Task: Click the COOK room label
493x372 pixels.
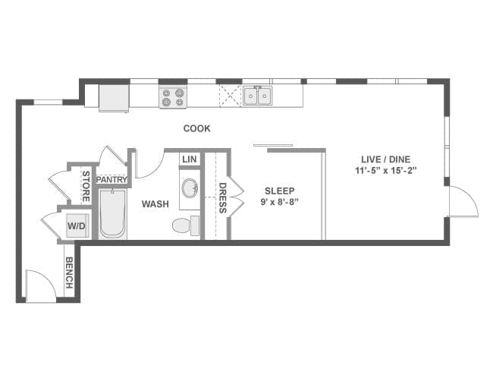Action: tap(197, 128)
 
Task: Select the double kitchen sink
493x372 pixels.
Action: tap(258, 96)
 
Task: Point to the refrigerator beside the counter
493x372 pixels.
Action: tap(114, 98)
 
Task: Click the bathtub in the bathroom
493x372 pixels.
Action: tap(112, 213)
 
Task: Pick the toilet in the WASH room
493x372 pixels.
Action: tap(186, 225)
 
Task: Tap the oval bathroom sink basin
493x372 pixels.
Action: tap(190, 188)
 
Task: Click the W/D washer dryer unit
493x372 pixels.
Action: tap(77, 225)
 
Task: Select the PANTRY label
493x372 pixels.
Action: tap(111, 180)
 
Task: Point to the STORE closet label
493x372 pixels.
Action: tap(86, 186)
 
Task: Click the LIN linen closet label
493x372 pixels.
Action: tap(190, 159)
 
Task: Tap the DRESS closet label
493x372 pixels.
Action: tap(222, 197)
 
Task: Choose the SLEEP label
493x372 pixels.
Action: tap(280, 191)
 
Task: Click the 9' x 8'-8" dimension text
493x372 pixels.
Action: tap(280, 202)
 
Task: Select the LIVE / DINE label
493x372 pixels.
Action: tap(386, 159)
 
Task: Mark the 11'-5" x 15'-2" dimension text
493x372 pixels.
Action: tap(386, 171)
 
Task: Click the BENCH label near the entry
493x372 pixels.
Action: tap(69, 273)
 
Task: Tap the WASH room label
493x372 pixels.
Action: tap(155, 204)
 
